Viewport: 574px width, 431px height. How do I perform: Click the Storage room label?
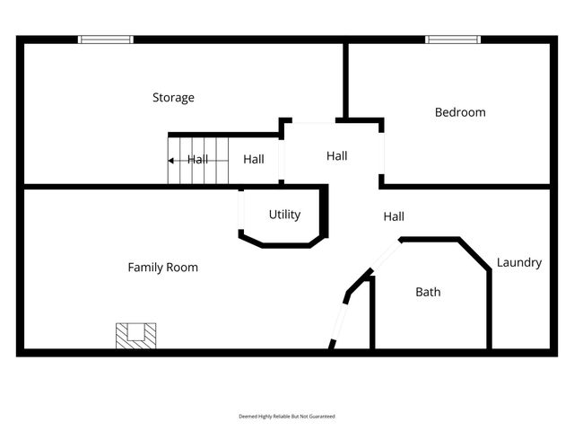point(173,98)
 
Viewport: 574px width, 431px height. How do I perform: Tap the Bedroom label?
point(460,112)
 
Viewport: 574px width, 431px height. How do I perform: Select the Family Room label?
point(163,268)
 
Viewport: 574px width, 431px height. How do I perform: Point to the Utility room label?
point(284,215)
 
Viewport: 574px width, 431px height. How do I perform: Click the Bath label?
point(428,292)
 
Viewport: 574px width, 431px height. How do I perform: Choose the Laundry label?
point(519,262)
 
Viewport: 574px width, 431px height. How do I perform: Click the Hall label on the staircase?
point(197,160)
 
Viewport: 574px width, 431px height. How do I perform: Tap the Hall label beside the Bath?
point(394,216)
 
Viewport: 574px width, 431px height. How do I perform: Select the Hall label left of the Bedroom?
point(337,155)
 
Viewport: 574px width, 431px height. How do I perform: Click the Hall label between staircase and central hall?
point(254,159)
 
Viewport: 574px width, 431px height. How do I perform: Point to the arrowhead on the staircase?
point(170,161)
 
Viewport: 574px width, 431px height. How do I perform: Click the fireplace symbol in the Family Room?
point(135,336)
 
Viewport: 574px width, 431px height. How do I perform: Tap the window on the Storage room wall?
point(106,40)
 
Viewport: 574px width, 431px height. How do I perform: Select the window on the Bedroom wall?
point(453,40)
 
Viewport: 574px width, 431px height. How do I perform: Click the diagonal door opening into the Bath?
point(386,254)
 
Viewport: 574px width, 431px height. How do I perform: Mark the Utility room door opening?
point(241,210)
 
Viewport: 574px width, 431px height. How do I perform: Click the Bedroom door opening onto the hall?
point(381,154)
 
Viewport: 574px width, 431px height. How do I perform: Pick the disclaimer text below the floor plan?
point(287,417)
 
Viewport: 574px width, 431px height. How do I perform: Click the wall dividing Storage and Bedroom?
point(345,81)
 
